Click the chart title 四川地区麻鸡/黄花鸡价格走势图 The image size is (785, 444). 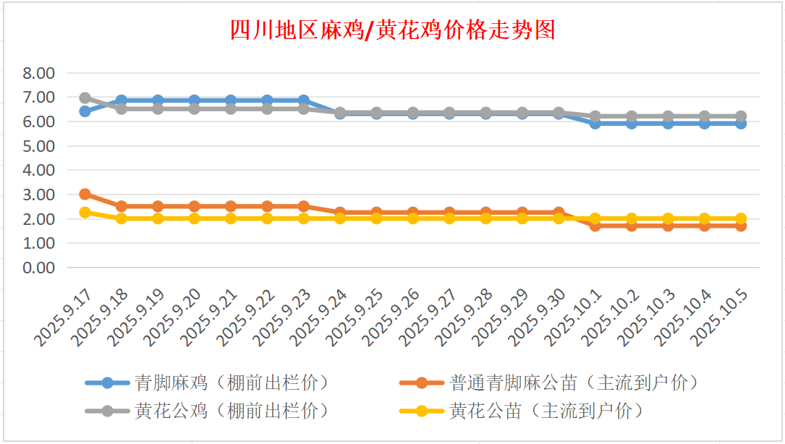click(x=392, y=31)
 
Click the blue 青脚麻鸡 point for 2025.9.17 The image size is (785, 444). click(x=85, y=111)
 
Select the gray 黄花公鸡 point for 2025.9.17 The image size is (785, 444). click(x=85, y=98)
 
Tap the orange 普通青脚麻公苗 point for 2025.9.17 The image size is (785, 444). click(x=85, y=194)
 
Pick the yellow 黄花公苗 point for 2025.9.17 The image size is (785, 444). click(x=85, y=213)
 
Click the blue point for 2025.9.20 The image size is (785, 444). click(x=195, y=101)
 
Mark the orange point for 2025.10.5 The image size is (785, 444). click(x=741, y=226)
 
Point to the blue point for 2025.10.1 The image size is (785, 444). click(x=595, y=123)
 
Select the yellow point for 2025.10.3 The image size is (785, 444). click(x=669, y=218)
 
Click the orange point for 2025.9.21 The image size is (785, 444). click(x=231, y=206)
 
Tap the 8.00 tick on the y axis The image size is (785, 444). click(x=39, y=73)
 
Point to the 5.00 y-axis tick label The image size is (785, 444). click(x=39, y=146)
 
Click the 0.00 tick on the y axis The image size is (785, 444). click(x=39, y=268)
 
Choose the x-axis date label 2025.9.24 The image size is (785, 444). click(x=321, y=317)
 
